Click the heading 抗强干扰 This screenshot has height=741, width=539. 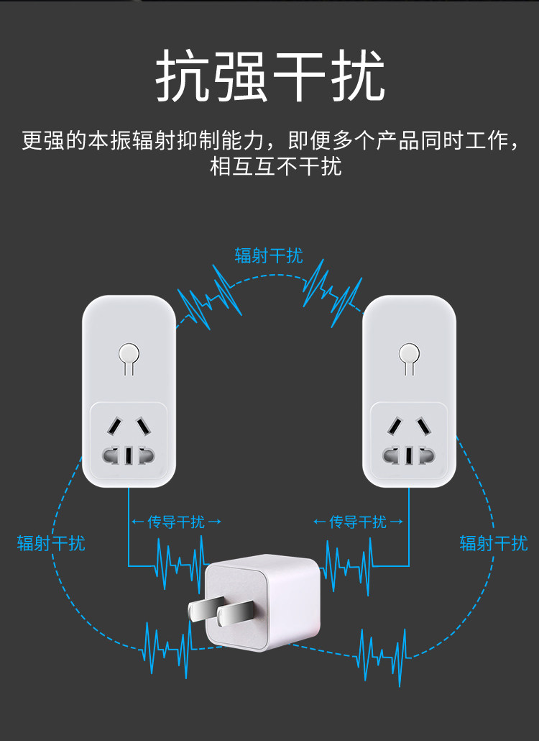pyautogui.click(x=270, y=76)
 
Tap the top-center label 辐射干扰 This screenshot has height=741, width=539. pyautogui.click(x=269, y=255)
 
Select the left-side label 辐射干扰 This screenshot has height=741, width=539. pyautogui.click(x=51, y=542)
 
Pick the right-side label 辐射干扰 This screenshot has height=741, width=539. pyautogui.click(x=494, y=542)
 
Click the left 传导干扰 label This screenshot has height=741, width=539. pyautogui.click(x=176, y=522)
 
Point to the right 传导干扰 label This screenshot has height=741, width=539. pyautogui.click(x=358, y=522)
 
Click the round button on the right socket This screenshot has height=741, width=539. pyautogui.click(x=409, y=354)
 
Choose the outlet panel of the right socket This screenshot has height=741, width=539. pyautogui.click(x=409, y=440)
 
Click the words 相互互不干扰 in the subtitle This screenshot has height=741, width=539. pyautogui.click(x=276, y=166)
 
